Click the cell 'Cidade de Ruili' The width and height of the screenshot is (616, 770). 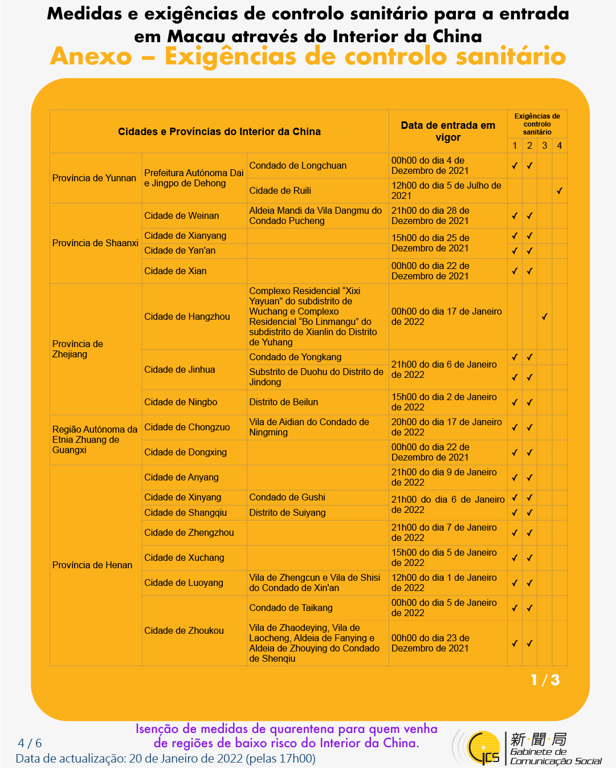pos(280,191)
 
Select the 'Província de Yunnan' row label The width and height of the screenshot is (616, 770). pos(94,178)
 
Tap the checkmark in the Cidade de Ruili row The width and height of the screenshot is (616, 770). pos(560,191)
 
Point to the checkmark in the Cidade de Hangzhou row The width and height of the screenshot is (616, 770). pos(545,317)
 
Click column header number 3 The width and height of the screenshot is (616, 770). pos(545,146)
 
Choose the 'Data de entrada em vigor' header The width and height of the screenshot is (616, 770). pos(448,132)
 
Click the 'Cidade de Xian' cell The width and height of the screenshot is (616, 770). pos(176,271)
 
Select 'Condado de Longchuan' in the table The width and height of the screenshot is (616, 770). pos(298,166)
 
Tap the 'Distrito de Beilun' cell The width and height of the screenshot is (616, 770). pos(284,402)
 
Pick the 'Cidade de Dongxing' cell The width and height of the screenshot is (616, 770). pos(186,453)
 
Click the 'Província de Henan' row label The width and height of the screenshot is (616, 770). pos(92,565)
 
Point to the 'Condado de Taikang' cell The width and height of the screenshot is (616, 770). pos(291,608)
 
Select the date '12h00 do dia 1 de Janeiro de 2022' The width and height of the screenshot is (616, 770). pos(444,583)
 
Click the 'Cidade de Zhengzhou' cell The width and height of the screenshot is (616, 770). pos(189,533)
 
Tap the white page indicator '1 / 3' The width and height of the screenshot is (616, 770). pos(545,681)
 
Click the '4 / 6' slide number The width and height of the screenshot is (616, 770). pos(30,743)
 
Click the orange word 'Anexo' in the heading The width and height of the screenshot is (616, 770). pos(91,56)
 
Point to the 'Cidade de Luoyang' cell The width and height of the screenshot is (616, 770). pos(183,583)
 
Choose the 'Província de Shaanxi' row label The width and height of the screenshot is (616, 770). pos(95,243)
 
